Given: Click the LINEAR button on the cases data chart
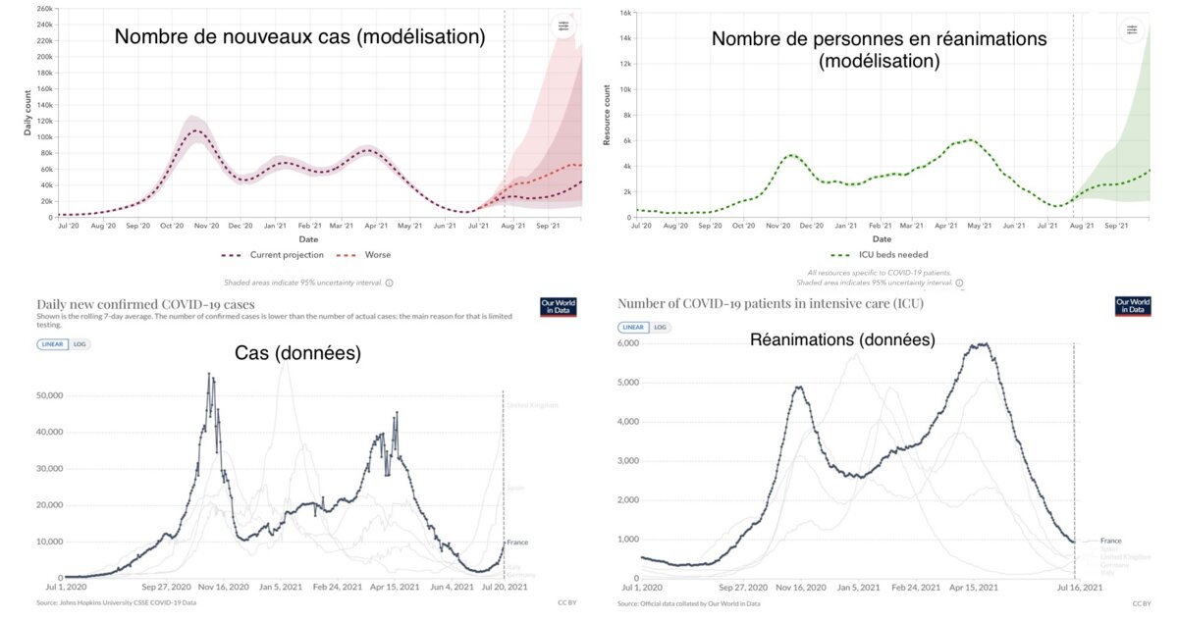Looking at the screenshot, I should pos(53,344).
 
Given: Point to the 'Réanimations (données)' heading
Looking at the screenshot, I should pos(841,339).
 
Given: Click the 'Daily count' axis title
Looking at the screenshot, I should pos(27,115).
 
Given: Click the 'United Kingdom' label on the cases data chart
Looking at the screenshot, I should pos(532,405).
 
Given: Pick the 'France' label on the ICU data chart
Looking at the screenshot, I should pos(1110,541).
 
